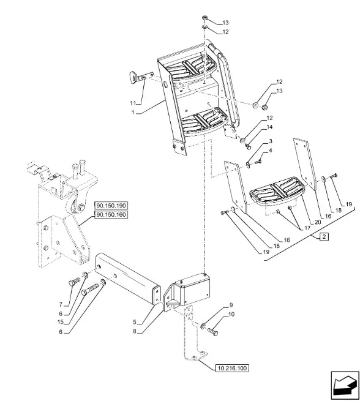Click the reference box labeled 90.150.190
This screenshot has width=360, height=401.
tap(111, 206)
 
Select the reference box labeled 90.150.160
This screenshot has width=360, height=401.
tap(111, 214)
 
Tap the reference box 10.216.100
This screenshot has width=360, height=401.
tap(232, 369)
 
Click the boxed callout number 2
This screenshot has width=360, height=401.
tap(324, 236)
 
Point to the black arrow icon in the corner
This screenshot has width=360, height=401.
tap(345, 385)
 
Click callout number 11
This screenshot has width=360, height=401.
tap(133, 103)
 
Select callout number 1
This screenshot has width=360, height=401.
tap(133, 112)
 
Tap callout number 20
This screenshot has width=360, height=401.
tap(318, 222)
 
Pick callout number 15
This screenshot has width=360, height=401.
tap(61, 322)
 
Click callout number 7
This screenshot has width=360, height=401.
tap(61, 305)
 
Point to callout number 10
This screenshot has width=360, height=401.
tap(231, 314)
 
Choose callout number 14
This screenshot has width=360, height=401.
tap(269, 127)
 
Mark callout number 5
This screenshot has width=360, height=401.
tap(135, 323)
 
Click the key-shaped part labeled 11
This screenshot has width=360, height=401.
tap(137, 77)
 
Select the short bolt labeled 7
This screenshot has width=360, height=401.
tap(74, 282)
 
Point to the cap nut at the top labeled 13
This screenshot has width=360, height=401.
tap(205, 18)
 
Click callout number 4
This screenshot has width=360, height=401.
tap(270, 150)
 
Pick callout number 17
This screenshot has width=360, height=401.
tap(307, 228)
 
